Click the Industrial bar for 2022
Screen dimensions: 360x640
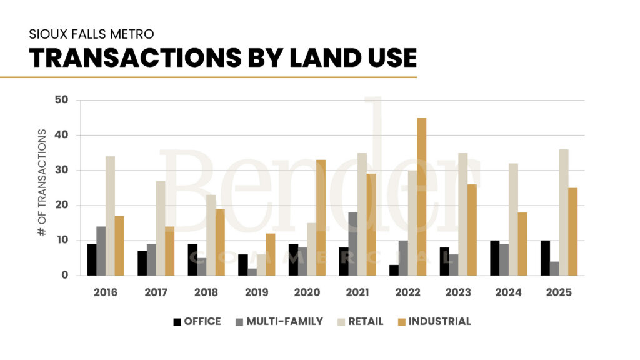(422, 197)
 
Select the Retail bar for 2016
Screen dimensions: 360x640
(111, 216)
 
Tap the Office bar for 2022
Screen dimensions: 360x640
(394, 270)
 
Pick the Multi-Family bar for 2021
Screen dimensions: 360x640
(353, 244)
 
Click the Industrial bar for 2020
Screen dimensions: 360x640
(321, 217)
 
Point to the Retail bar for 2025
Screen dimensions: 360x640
(564, 212)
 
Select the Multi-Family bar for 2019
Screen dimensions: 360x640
(252, 272)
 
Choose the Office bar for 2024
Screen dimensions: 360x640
(494, 258)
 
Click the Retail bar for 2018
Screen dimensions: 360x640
(211, 235)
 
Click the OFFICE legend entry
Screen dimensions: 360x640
(196, 322)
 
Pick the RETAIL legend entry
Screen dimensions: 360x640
(361, 322)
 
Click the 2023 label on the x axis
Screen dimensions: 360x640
(458, 292)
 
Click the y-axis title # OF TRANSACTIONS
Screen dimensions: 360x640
(42, 182)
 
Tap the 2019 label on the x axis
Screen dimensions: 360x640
(257, 292)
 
